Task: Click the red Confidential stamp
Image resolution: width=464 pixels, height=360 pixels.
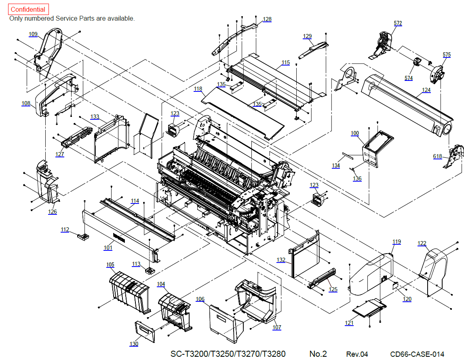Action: (28, 9)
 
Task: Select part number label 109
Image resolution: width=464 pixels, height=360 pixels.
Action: (33, 34)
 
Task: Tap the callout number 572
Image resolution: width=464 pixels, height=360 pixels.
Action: (398, 23)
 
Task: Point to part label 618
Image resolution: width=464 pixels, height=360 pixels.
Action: (437, 156)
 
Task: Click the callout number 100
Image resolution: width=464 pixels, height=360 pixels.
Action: (355, 133)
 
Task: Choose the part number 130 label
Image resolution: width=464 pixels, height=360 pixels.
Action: (134, 344)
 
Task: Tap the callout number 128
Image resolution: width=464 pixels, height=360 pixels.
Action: (267, 19)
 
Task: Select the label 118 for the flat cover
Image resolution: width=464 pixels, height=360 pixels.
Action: (198, 89)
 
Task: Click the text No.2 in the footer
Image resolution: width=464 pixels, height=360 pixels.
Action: (318, 354)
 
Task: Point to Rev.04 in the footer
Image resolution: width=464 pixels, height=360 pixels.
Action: (357, 354)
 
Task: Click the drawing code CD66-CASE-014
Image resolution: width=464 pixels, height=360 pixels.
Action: (417, 354)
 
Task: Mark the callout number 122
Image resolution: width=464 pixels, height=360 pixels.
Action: (422, 244)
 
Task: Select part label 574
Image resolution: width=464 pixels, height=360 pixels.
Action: (409, 78)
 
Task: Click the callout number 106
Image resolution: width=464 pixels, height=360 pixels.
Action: (200, 299)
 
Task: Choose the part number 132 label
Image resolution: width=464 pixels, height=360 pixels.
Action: (281, 260)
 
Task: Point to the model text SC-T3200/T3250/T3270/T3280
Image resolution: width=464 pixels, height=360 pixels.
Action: (228, 354)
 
